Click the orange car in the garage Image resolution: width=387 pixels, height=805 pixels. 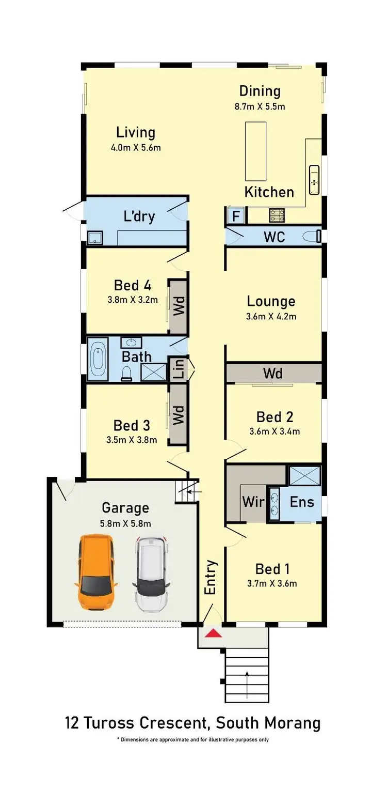coord(96,572)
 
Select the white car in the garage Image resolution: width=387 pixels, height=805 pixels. coord(151,574)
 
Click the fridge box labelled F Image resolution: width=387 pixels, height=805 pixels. coord(236,215)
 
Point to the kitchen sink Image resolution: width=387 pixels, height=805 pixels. coord(314,180)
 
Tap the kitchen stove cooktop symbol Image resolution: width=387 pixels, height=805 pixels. coord(274,215)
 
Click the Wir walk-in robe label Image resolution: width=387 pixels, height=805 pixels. coord(253,502)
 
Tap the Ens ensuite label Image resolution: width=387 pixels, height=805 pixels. coord(301,501)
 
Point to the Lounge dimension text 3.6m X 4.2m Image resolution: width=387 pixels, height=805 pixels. coord(271,317)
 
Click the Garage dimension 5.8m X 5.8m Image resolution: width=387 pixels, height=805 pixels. coord(125,523)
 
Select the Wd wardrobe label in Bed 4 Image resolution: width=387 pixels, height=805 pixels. coord(179,306)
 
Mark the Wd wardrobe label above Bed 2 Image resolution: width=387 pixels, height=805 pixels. coord(272,373)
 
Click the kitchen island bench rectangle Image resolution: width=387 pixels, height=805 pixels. coord(255,149)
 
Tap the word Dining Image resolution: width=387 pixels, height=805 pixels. coord(260,91)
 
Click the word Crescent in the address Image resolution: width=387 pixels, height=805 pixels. coord(173,722)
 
